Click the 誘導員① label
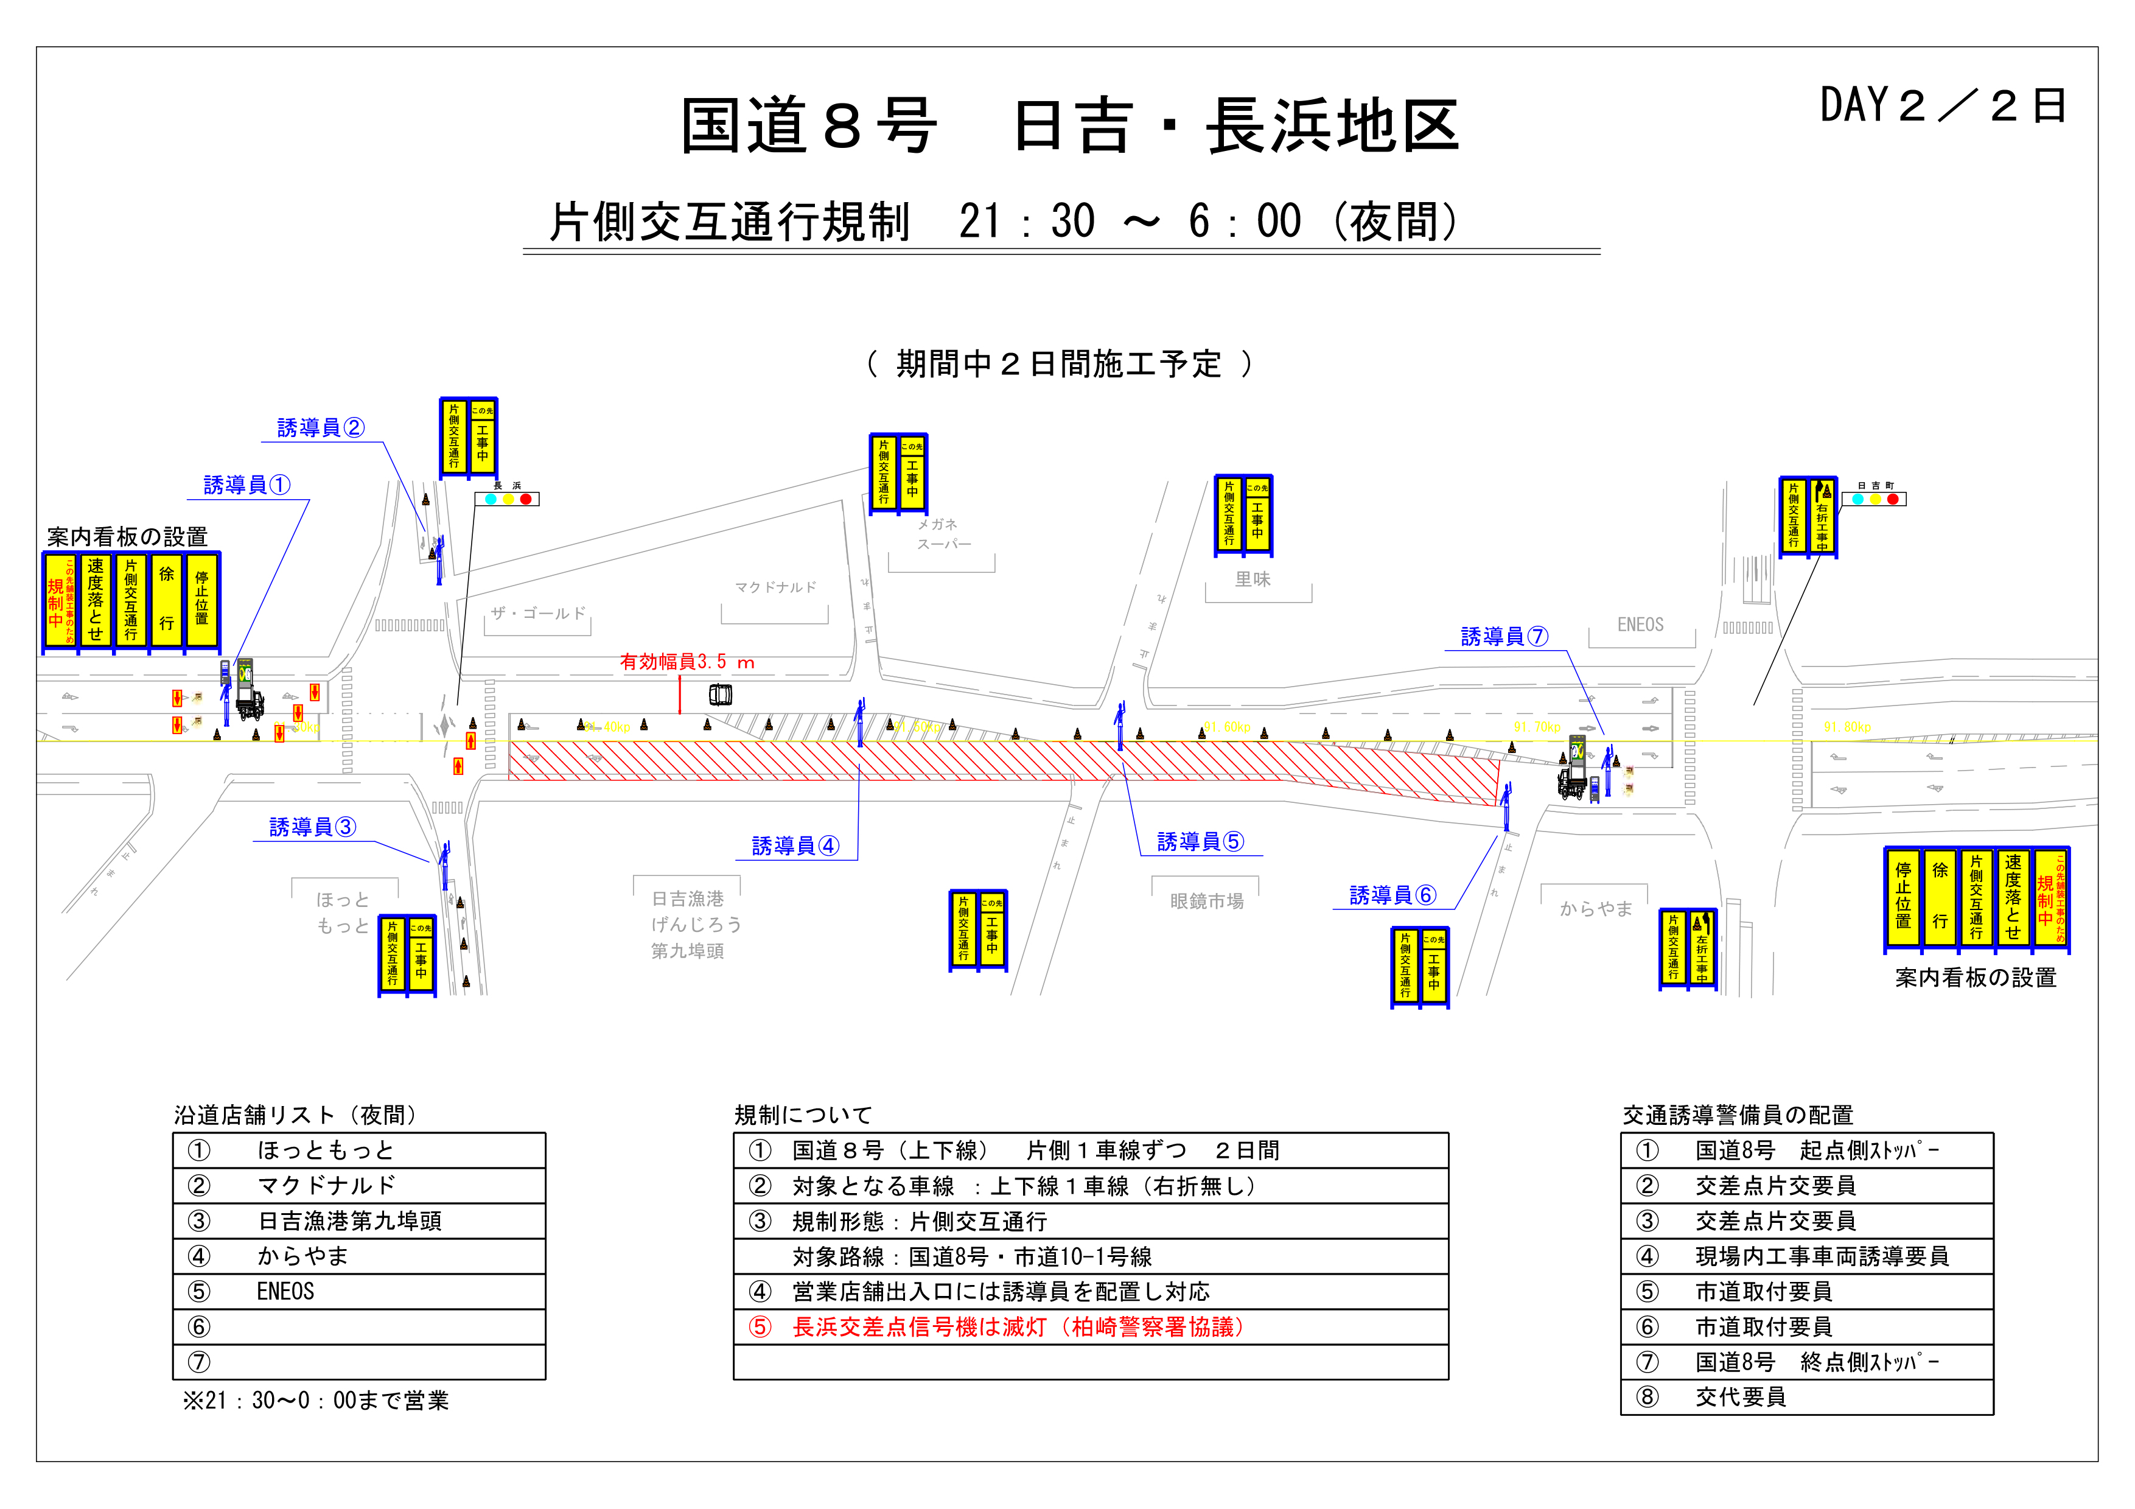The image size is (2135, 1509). [246, 485]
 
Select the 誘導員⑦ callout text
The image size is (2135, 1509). [1504, 637]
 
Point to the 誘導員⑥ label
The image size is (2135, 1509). [1392, 895]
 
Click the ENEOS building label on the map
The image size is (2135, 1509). [1640, 625]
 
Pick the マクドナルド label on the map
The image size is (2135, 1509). [775, 587]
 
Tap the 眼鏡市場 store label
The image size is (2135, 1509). [1206, 901]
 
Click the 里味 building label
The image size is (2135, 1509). [1252, 579]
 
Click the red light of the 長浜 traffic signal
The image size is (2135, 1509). [526, 499]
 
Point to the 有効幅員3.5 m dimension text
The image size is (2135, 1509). [687, 662]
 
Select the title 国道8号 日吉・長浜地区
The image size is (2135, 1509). [1069, 127]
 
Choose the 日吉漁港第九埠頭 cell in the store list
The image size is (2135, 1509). [349, 1221]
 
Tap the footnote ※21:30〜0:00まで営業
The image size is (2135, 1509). [316, 1400]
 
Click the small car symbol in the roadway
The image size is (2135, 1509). [721, 695]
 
